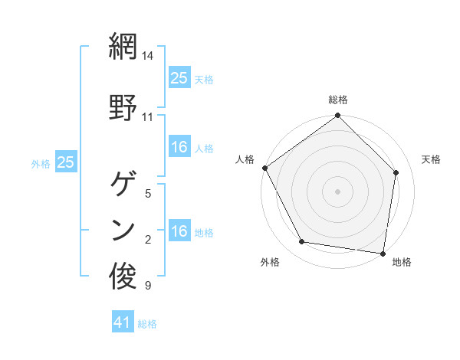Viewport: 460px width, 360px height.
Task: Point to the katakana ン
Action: (123, 229)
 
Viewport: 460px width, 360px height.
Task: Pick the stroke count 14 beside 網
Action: (148, 56)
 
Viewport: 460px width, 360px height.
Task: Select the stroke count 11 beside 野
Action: (148, 117)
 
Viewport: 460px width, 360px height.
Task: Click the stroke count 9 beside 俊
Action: (148, 286)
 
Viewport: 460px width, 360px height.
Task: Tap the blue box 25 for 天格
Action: (179, 78)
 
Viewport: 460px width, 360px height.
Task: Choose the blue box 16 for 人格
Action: (179, 148)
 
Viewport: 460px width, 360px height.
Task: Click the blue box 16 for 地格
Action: (179, 232)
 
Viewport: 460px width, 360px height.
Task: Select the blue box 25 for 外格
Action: (66, 162)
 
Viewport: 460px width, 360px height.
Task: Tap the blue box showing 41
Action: (123, 323)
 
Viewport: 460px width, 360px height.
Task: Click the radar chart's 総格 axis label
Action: (338, 100)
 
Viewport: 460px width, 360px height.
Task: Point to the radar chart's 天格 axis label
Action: (431, 159)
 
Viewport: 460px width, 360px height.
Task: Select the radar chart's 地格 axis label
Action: (402, 263)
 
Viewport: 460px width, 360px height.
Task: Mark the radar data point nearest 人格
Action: (265, 168)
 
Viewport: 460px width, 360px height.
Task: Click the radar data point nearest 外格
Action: (302, 242)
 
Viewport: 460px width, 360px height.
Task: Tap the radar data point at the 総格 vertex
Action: (338, 116)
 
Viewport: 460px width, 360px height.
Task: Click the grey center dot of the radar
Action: (338, 191)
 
